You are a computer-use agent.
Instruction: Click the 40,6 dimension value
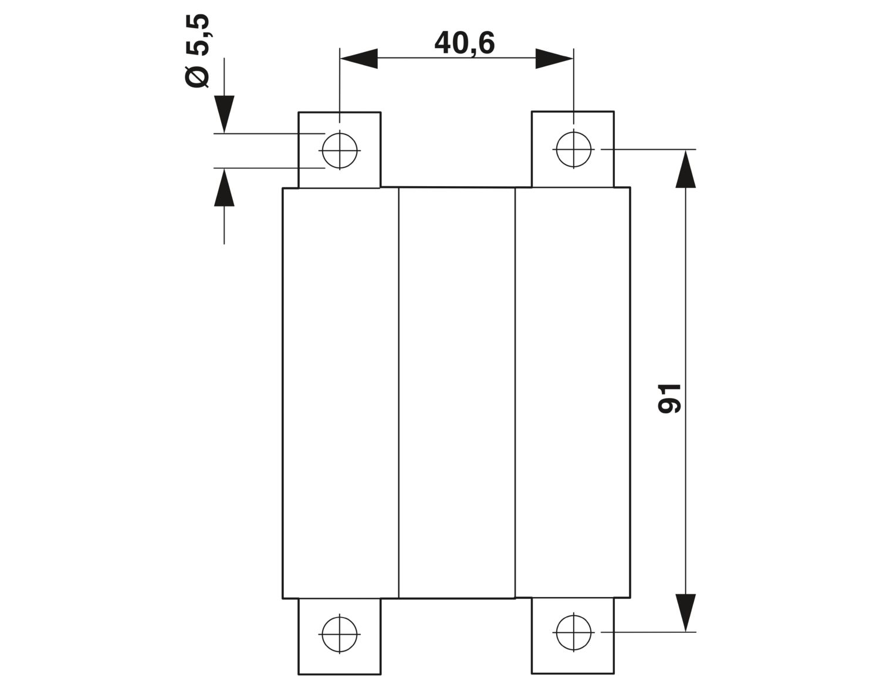point(464,43)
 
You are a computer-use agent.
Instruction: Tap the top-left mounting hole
point(339,151)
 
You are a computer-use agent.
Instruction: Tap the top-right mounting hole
point(573,150)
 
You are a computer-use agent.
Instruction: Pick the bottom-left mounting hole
point(339,634)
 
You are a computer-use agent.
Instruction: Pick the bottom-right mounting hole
point(573,632)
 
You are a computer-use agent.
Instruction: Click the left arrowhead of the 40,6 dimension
point(359,58)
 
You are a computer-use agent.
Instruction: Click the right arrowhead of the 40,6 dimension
point(554,58)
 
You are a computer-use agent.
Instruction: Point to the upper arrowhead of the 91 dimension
point(686,169)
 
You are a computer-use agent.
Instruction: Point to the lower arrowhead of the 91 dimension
point(686,613)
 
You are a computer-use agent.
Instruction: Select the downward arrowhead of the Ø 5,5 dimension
point(224,114)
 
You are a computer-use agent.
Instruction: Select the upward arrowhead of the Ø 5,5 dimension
point(224,187)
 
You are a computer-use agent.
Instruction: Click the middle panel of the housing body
point(457,393)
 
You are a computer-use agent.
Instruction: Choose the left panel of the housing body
point(341,393)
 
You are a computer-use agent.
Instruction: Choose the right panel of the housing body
point(573,393)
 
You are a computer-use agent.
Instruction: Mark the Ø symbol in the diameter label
point(197,76)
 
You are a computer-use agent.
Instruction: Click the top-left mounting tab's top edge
point(339,112)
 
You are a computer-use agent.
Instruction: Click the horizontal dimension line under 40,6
point(457,58)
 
